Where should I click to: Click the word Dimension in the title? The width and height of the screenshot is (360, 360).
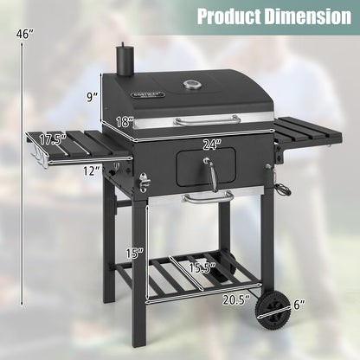tap(299, 16)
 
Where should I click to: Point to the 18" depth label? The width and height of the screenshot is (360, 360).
tap(125, 122)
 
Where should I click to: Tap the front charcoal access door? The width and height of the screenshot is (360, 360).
tap(205, 167)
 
